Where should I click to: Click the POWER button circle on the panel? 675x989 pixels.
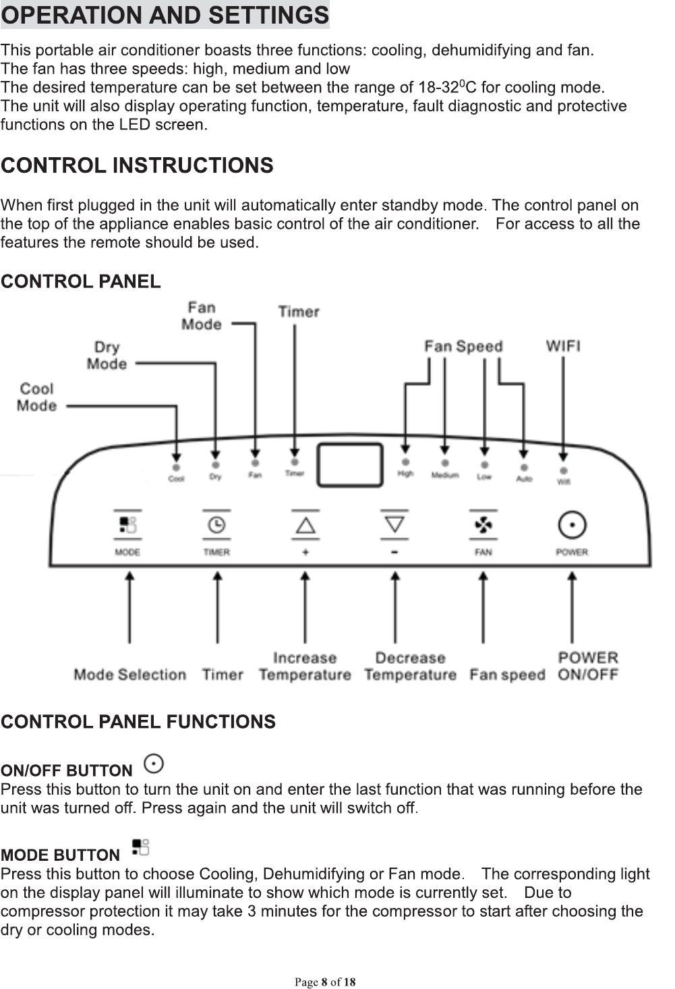coord(572,525)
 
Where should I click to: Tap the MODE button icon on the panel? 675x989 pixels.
coord(127,525)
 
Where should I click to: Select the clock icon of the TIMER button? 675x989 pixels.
coord(216,525)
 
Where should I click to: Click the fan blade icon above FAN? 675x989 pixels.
coord(483,525)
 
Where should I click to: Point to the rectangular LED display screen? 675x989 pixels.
coord(350,465)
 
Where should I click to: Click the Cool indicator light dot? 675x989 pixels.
coord(176,467)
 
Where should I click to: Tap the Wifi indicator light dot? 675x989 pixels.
coord(564,471)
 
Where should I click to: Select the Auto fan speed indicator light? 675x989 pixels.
coord(524,468)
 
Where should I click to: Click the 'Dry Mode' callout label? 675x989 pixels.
coord(107,356)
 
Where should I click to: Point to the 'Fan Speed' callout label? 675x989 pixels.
coord(463,346)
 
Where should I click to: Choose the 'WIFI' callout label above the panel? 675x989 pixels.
coord(563,346)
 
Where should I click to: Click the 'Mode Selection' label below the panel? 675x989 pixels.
coord(129,675)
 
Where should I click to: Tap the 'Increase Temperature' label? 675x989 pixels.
coord(305,667)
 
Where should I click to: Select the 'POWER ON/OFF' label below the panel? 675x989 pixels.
coord(588,667)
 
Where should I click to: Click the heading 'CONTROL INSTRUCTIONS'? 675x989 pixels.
coord(137,165)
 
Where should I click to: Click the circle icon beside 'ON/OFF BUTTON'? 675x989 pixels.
coord(154,764)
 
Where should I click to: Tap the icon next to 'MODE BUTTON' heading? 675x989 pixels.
coord(140,847)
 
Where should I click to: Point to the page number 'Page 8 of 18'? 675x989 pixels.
coord(325,982)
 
